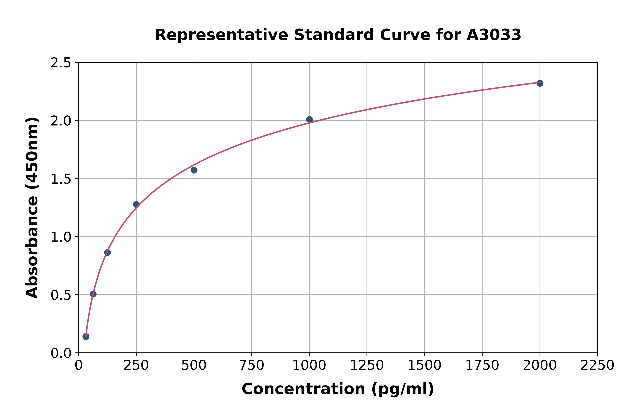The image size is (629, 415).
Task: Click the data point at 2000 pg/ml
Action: [540, 83]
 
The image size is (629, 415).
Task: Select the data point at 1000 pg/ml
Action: [309, 119]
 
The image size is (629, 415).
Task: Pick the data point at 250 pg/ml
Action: [136, 204]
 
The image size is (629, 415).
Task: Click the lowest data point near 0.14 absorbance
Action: [86, 336]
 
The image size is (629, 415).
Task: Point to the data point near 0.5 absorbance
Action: [93, 294]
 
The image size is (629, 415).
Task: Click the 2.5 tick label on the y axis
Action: [61, 63]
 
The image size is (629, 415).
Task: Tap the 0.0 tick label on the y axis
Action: [61, 353]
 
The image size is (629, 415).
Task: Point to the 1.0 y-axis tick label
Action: [61, 237]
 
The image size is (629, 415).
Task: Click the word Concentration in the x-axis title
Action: [303, 389]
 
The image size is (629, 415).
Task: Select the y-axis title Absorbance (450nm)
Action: [32, 208]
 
